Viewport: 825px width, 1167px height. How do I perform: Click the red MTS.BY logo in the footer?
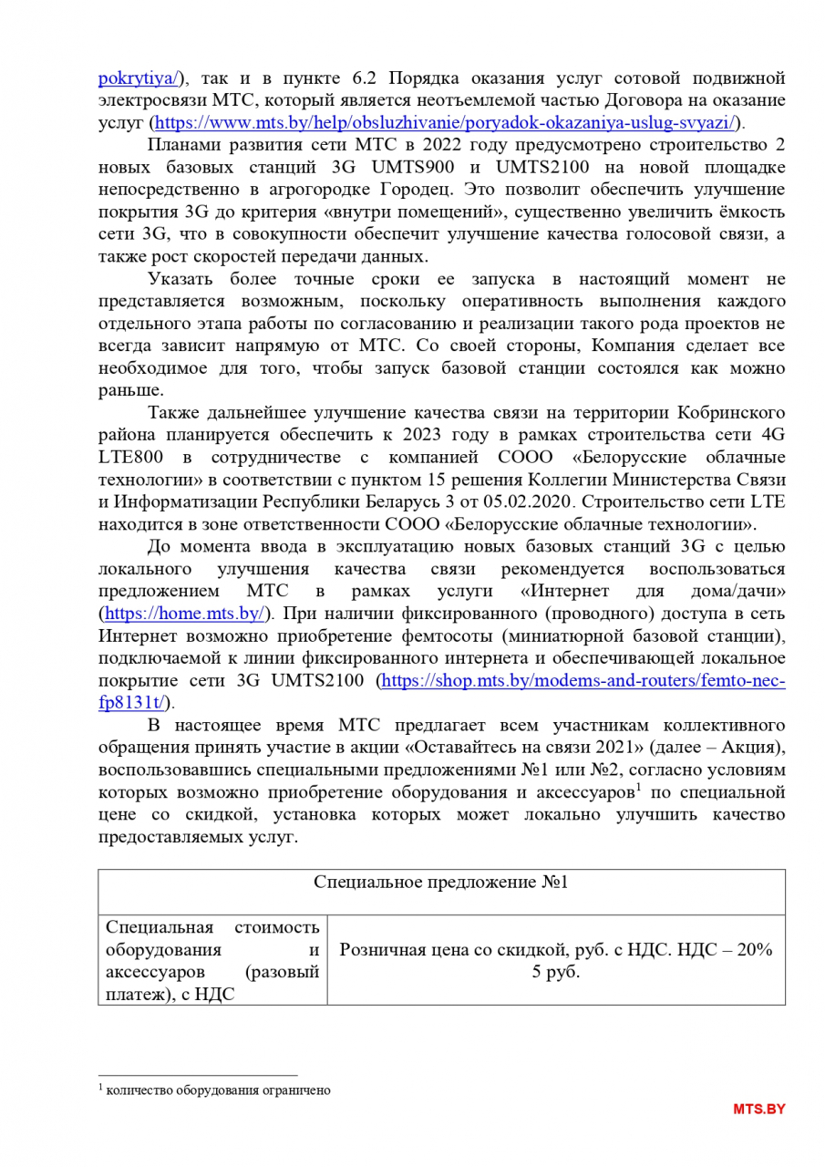[758, 1109]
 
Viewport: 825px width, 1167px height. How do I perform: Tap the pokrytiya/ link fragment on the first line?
[139, 78]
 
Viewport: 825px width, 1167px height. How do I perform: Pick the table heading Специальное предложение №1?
[441, 882]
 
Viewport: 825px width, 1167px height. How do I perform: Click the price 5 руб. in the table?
[555, 972]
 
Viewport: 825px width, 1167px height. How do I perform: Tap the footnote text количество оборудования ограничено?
[218, 1090]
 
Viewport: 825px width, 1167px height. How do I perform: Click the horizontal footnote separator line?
[197, 1075]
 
